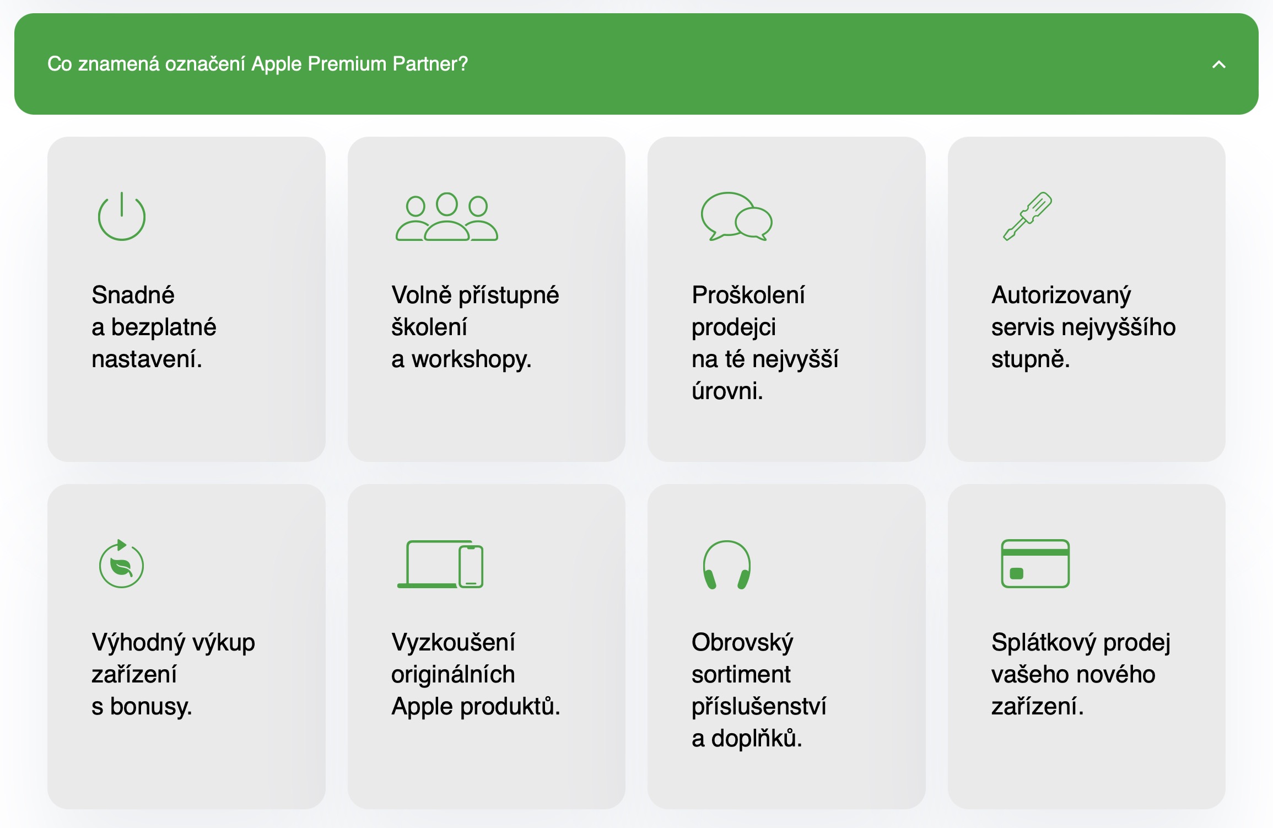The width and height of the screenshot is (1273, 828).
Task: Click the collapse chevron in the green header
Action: tap(1218, 65)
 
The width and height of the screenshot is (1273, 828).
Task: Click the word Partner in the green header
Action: tap(430, 64)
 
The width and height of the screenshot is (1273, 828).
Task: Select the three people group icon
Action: tap(447, 217)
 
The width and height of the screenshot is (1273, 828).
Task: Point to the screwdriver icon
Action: tap(1027, 216)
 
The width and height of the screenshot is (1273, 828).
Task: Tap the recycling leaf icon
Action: tap(121, 563)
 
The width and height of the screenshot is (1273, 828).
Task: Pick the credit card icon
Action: tap(1035, 563)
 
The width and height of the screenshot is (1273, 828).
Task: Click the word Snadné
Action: tap(133, 295)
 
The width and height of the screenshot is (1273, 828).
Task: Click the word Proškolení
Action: tap(748, 295)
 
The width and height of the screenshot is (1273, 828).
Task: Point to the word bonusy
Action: tap(151, 707)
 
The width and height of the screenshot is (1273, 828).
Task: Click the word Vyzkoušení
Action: tap(453, 642)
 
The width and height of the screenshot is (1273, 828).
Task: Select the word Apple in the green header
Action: tap(277, 64)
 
